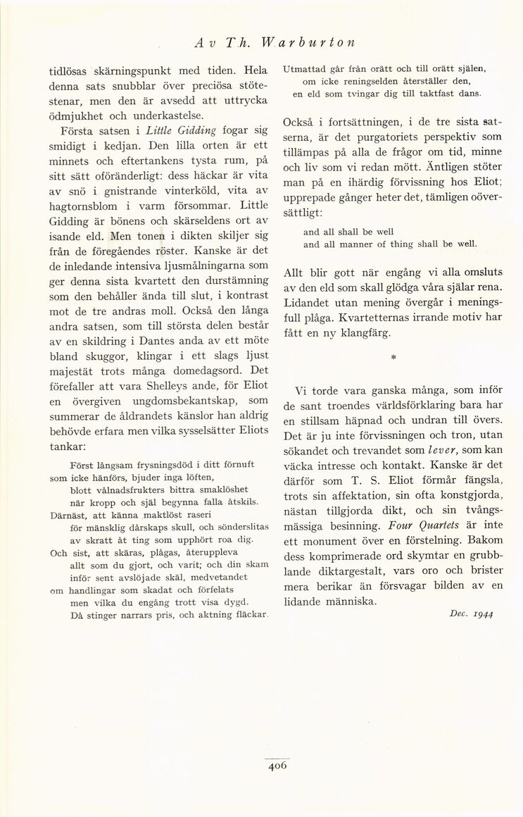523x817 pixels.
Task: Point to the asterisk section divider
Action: (393, 358)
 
